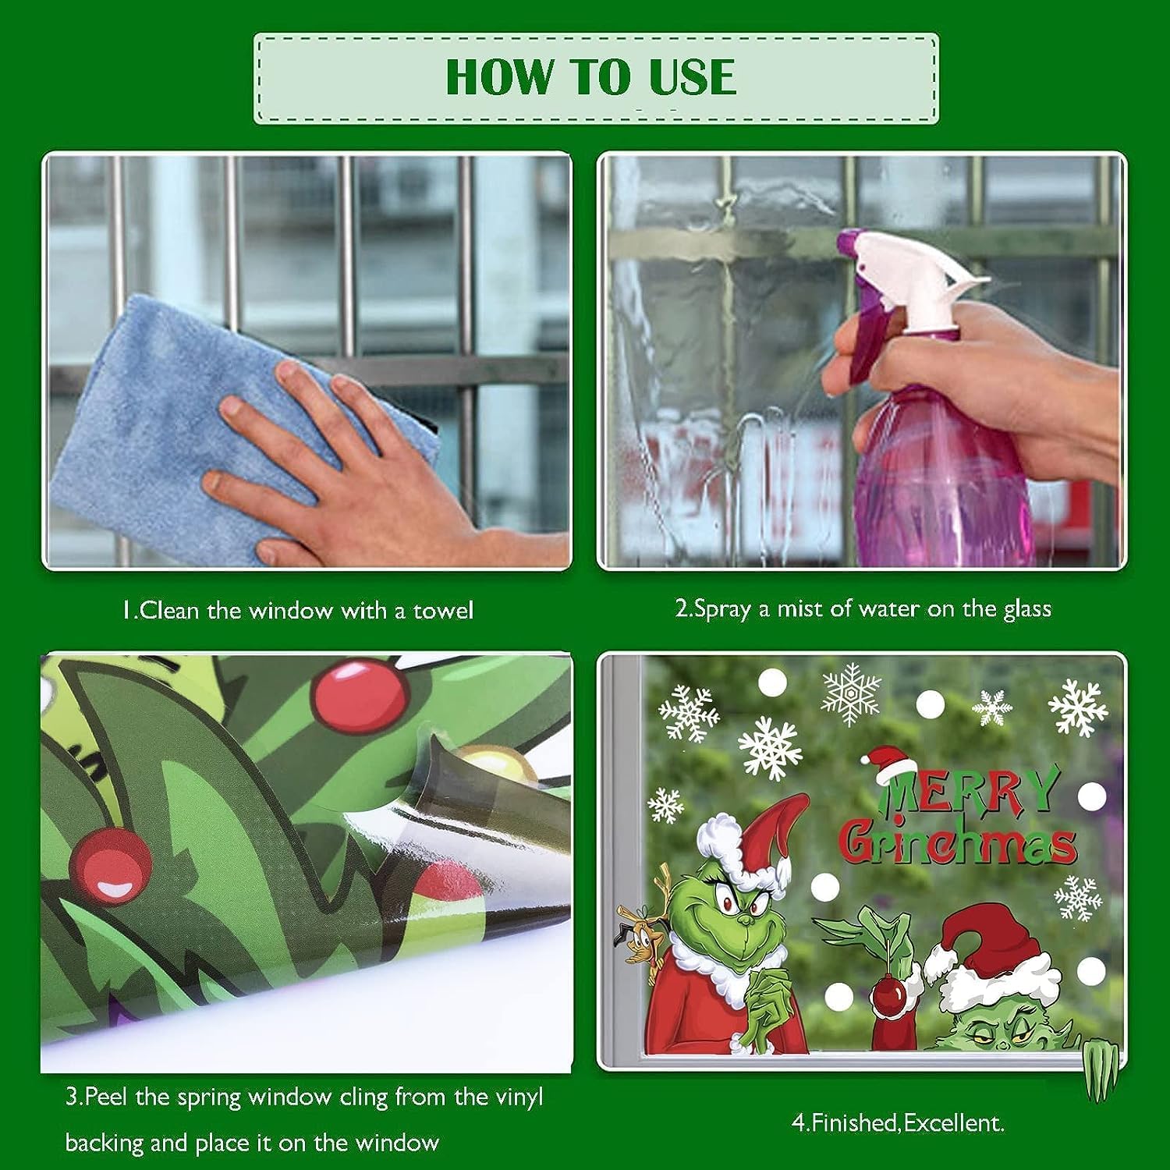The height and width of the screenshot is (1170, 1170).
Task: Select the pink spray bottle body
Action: [x=944, y=468]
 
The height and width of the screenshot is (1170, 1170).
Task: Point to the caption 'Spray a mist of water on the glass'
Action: [x=863, y=608]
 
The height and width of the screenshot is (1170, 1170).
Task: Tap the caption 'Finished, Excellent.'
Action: [x=898, y=1123]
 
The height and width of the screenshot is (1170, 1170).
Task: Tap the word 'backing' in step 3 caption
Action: [x=104, y=1144]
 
